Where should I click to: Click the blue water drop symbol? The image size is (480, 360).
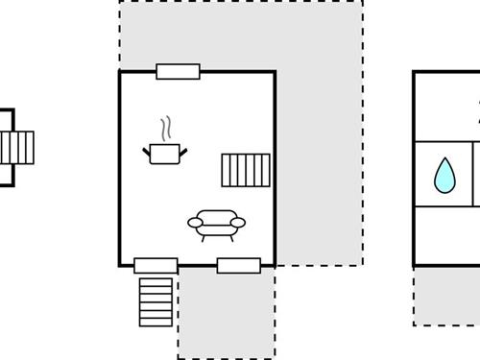point(444,176)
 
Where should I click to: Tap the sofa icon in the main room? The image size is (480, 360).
point(216,223)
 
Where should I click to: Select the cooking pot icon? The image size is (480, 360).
point(165,153)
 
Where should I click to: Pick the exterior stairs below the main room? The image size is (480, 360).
point(156,301)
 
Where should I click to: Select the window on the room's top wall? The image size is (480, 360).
point(178,71)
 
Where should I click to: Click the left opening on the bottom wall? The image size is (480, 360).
point(156,265)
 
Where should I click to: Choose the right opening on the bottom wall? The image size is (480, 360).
point(239,265)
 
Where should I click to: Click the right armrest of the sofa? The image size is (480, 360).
point(238,223)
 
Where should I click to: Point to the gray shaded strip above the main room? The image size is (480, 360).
point(240,35)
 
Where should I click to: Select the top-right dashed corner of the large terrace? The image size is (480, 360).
point(362,2)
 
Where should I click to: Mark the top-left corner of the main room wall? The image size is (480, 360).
point(120,71)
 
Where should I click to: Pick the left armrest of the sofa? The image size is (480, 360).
point(195,223)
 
